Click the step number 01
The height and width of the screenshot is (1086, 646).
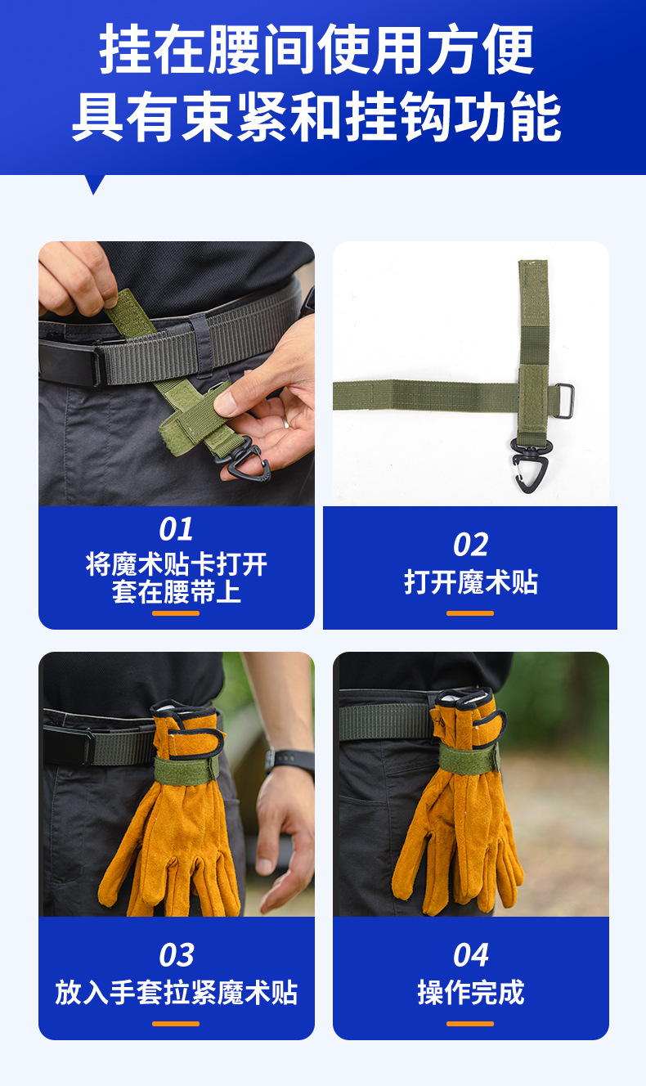coord(176,529)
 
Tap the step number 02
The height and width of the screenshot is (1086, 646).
coord(470,545)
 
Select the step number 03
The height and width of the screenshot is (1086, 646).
coord(176,955)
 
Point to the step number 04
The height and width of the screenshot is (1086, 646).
coord(470,955)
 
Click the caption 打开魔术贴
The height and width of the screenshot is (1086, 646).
coord(470,582)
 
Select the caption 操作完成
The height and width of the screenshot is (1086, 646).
coord(470,992)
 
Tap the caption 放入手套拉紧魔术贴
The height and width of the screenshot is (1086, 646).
coord(176,992)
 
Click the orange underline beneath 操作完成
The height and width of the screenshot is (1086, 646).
coord(470,1023)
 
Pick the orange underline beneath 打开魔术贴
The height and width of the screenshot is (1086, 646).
coord(470,613)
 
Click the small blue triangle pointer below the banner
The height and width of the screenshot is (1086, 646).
coord(95,184)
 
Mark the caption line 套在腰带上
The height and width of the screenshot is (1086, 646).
coord(176,592)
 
